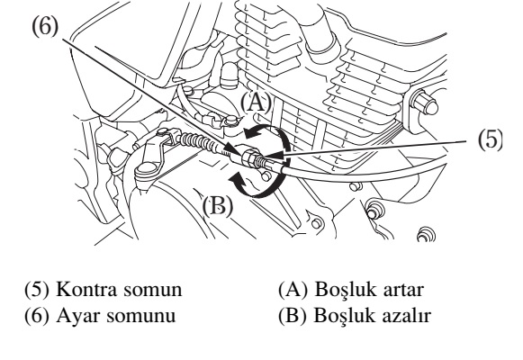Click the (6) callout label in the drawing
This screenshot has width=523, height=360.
[45, 27]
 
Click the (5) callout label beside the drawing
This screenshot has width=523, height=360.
[490, 139]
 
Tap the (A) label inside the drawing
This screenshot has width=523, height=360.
[256, 103]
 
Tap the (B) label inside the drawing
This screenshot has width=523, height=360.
[218, 206]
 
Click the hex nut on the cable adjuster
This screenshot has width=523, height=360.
[249, 157]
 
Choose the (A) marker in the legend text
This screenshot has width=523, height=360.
[293, 289]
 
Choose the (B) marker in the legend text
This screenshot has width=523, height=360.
[293, 315]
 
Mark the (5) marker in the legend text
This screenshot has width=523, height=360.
[37, 289]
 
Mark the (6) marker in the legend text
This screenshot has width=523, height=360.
[37, 315]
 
